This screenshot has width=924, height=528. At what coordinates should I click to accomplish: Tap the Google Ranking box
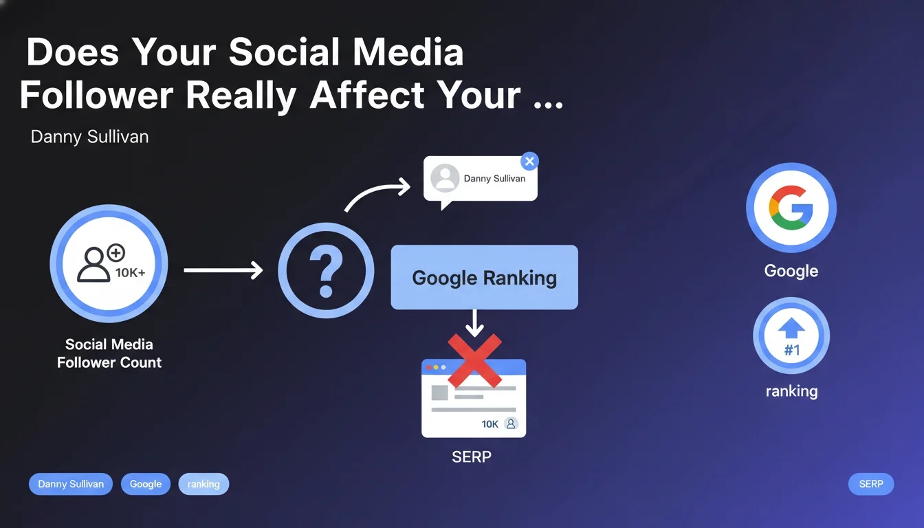(484, 277)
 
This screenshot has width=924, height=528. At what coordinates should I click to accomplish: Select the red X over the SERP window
(475, 361)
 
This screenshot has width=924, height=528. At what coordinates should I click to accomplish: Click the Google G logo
(791, 208)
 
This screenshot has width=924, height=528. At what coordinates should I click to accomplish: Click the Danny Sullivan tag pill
(71, 484)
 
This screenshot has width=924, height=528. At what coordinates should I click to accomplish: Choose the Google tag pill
(146, 484)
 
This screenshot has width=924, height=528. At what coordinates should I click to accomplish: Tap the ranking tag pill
(203, 484)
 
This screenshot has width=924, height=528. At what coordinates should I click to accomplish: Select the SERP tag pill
(871, 484)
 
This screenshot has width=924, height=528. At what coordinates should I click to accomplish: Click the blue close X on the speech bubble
(529, 162)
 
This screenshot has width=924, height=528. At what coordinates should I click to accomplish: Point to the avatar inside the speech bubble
(445, 178)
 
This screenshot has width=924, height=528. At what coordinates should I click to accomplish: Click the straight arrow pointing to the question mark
(223, 270)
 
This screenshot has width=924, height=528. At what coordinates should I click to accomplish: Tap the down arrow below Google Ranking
(475, 323)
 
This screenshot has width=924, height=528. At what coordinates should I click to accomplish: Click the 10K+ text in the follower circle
(131, 273)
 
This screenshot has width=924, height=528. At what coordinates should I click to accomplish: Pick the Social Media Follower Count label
(109, 353)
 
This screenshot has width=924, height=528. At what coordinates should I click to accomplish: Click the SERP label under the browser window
(472, 457)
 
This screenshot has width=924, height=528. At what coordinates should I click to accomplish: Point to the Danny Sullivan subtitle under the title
(89, 137)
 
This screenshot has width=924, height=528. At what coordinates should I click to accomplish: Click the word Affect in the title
(366, 96)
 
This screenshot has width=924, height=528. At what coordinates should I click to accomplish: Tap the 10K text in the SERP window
(490, 424)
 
